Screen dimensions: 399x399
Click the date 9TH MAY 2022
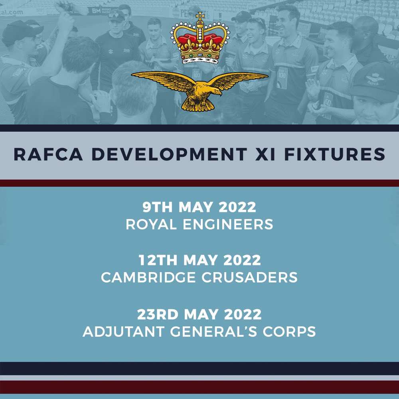pos(199,207)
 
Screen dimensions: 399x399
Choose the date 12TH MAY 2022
pos(199,260)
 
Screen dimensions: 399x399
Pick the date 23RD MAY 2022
pos(199,314)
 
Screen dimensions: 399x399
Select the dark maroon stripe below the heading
pos(199,183)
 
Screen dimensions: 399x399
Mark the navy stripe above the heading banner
pos(199,128)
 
